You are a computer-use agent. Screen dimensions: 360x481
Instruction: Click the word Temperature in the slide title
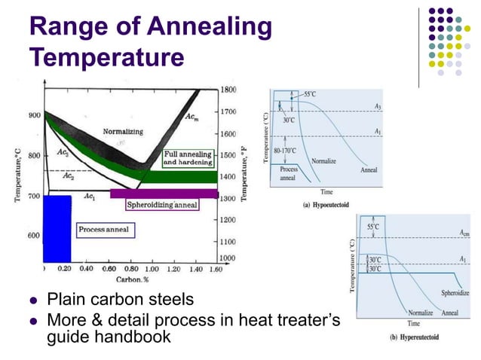[106, 56]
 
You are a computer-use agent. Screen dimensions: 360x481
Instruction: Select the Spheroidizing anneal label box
[162, 204]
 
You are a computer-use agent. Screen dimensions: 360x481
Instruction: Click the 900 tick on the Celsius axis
[34, 115]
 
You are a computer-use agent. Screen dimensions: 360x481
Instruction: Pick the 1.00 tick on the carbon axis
[151, 268]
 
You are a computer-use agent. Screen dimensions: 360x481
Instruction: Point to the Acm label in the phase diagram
[193, 117]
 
